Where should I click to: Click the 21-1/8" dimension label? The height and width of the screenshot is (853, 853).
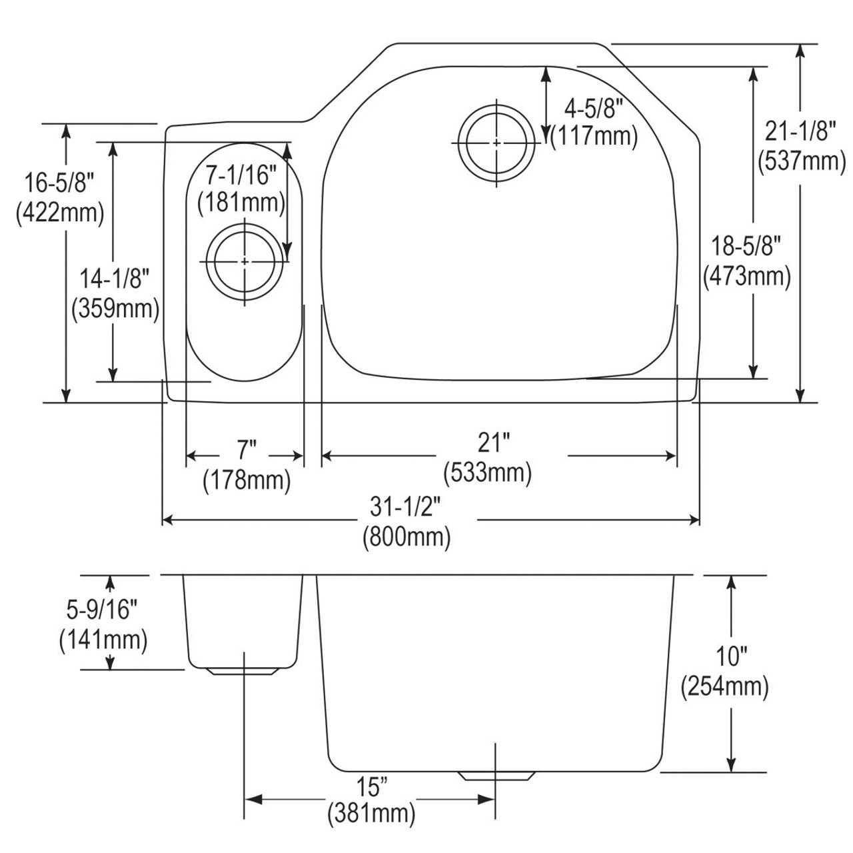coord(800,133)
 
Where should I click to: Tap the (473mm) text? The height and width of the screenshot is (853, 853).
coord(747,276)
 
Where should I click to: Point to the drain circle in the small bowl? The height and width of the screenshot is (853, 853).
coord(245,261)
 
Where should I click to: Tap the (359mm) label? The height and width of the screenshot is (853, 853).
coord(115,308)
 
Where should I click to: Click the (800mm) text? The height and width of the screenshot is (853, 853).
coord(407,537)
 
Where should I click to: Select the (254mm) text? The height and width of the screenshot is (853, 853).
coord(725,686)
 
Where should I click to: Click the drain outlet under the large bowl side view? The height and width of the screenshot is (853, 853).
coord(496,776)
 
